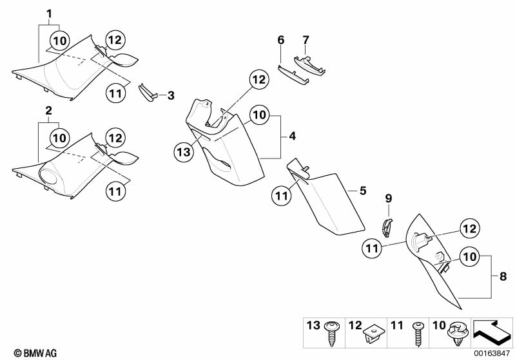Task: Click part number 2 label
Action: tap(49, 111)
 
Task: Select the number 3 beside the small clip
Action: tap(170, 95)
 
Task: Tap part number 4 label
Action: tap(292, 137)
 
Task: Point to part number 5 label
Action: tap(363, 191)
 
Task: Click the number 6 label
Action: tap(280, 40)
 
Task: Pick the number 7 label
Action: tap(306, 40)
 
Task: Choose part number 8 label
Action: tap(503, 276)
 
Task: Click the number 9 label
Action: tap(389, 197)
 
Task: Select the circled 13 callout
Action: tap(182, 152)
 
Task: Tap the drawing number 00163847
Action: tap(492, 354)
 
